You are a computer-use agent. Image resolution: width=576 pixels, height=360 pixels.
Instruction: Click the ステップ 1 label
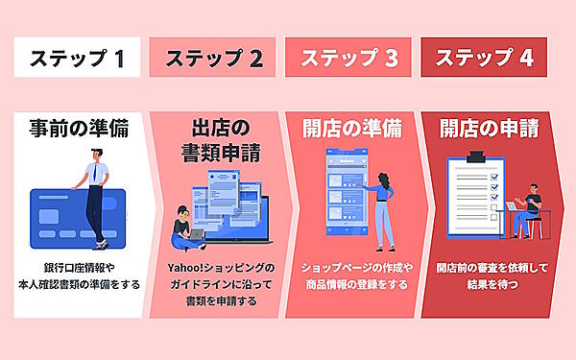click(78, 58)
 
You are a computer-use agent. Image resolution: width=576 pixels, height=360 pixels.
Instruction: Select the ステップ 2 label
click(214, 58)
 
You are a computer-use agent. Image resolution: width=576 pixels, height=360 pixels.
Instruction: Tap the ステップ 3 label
click(349, 58)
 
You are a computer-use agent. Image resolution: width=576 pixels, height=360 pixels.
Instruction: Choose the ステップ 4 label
click(484, 58)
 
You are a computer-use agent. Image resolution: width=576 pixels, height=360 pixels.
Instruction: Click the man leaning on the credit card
click(96, 197)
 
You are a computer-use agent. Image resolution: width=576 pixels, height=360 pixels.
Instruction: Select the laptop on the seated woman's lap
click(196, 233)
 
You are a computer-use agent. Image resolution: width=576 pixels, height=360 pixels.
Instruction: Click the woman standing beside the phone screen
click(382, 211)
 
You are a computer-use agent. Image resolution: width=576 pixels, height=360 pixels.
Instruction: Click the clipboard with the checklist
click(475, 197)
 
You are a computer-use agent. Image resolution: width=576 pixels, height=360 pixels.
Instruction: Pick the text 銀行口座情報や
click(78, 267)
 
